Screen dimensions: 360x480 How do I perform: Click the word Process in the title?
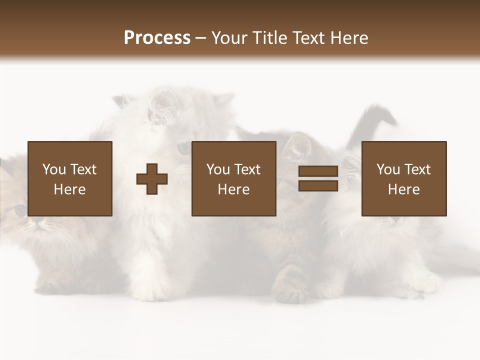(157, 38)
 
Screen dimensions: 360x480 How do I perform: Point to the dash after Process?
(200, 38)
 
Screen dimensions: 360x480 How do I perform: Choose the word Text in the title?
(306, 38)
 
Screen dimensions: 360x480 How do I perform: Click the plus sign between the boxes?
(152, 179)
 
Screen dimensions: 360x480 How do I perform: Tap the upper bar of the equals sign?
(318, 171)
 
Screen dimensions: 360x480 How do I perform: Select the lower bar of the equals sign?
(318, 186)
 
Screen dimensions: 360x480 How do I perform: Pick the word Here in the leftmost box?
(69, 189)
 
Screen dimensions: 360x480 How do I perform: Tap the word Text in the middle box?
(247, 169)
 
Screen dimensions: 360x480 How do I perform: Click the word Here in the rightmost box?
(403, 189)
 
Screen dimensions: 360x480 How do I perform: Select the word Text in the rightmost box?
(417, 169)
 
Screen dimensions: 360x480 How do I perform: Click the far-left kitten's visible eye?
(20, 210)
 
